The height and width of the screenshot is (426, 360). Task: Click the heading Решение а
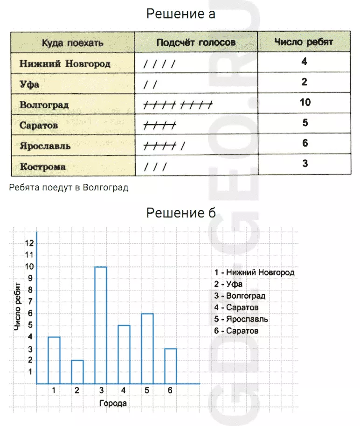coord(180,14)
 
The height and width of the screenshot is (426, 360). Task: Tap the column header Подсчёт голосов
coord(196,43)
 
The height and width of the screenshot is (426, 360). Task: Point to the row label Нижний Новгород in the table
coord(65,63)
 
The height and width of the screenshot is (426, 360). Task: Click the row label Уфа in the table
coord(29,84)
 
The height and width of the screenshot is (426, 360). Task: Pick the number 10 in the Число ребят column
coord(305,102)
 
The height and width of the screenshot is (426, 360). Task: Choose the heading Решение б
coord(180,213)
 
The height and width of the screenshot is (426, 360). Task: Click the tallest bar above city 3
coord(101,325)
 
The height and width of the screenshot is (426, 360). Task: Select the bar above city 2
coord(77,371)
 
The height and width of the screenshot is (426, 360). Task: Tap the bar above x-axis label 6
coord(171,366)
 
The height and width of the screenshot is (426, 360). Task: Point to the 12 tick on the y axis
coord(30,243)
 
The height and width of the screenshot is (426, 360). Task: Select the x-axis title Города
coord(112,403)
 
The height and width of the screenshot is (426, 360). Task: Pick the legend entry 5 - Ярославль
coord(241,319)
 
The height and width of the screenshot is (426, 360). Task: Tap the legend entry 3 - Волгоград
coord(240,296)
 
